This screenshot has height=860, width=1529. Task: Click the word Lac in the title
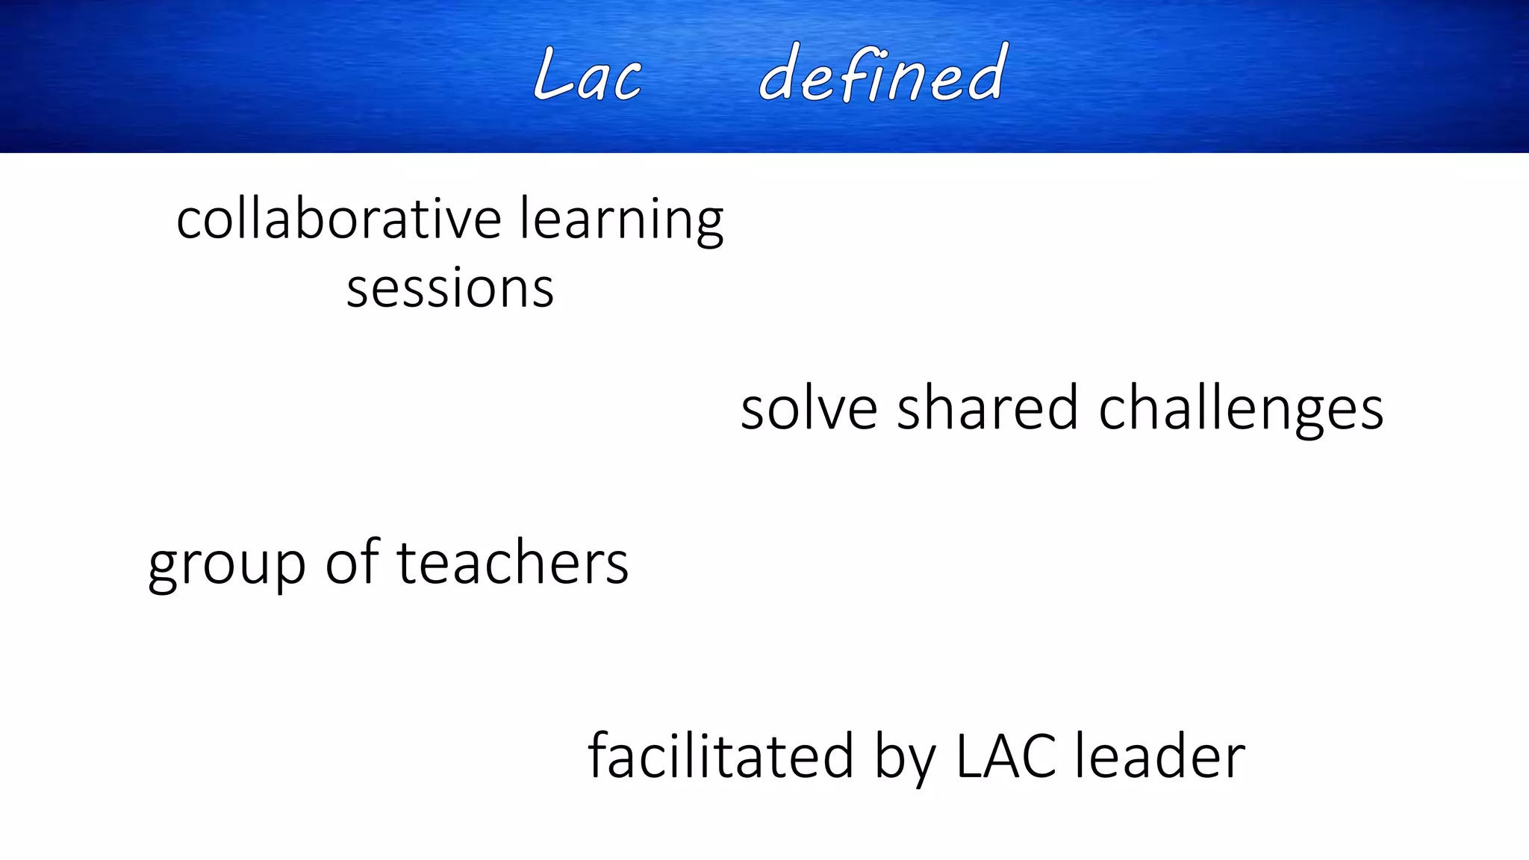pyautogui.click(x=588, y=75)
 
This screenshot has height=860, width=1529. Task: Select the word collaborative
pyautogui.click(x=338, y=219)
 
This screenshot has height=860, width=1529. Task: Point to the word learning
pyautogui.click(x=621, y=221)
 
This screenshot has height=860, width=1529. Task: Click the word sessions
pyautogui.click(x=450, y=289)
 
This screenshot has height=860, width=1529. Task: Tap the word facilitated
pyautogui.click(x=720, y=755)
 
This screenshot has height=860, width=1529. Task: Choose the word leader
pyautogui.click(x=1160, y=755)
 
